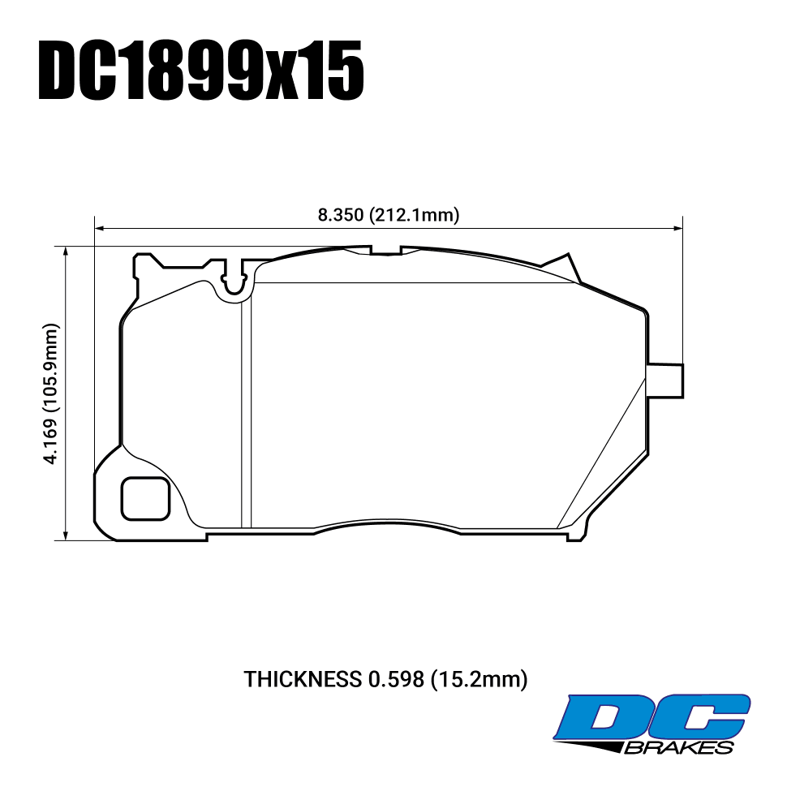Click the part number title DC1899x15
(200, 71)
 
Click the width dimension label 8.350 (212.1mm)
(389, 215)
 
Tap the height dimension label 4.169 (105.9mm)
(51, 394)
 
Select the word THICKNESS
(303, 680)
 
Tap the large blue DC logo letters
(652, 719)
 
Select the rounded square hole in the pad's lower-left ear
(145, 498)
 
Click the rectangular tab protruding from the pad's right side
(665, 381)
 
